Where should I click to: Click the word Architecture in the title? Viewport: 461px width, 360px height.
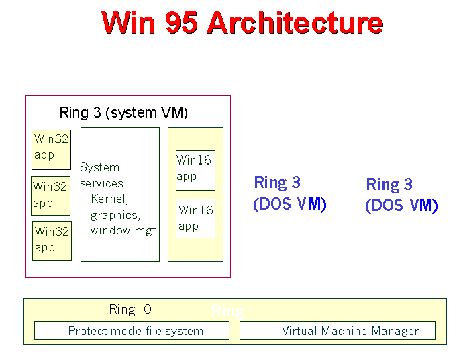[x=295, y=23]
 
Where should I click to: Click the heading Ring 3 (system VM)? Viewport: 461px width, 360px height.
[x=123, y=113]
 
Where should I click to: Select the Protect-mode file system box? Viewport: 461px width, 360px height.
[x=132, y=330]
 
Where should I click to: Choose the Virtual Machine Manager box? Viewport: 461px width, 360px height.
[x=337, y=330]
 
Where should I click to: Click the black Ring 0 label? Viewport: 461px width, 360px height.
[x=130, y=310]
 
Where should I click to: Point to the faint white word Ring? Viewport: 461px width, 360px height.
[x=227, y=311]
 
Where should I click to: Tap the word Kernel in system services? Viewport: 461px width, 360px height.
[x=109, y=199]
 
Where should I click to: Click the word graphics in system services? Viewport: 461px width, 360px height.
[x=115, y=215]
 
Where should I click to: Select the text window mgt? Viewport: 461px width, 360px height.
[x=123, y=230]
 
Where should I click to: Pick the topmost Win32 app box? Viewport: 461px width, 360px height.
[x=52, y=148]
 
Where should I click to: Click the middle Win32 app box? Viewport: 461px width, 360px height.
[x=51, y=195]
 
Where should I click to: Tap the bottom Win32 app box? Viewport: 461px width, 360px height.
[x=52, y=240]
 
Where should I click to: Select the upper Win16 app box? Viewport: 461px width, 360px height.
[x=195, y=170]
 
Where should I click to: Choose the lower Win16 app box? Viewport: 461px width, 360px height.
[x=195, y=218]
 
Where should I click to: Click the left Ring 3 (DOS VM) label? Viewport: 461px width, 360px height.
[x=289, y=193]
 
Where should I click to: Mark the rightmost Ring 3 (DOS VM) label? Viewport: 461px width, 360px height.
[x=401, y=195]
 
